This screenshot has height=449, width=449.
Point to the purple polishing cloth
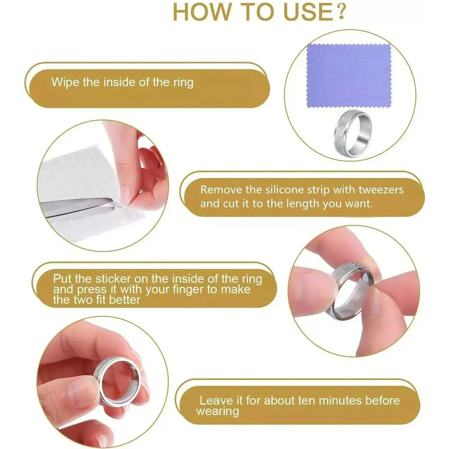pyautogui.click(x=349, y=75)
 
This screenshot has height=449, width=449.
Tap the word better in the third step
pyautogui.click(x=125, y=300)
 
